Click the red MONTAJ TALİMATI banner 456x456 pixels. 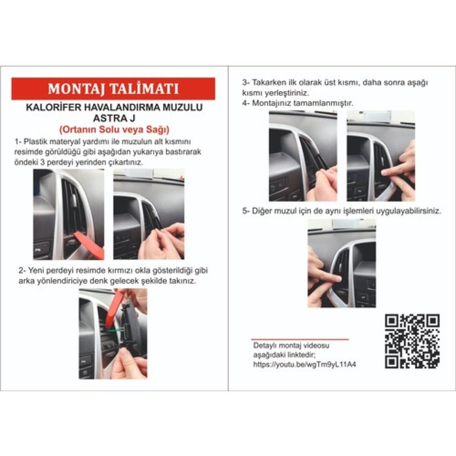[x=113, y=88]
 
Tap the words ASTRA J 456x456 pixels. [x=114, y=118]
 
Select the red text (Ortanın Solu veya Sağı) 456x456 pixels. [x=114, y=130]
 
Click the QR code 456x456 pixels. [x=412, y=341]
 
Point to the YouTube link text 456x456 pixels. [x=304, y=364]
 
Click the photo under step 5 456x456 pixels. [x=342, y=263]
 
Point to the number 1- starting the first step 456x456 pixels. [x=18, y=142]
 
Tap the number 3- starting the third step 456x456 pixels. [x=246, y=82]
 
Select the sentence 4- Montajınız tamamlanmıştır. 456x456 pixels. [x=298, y=103]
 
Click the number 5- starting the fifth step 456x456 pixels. [x=246, y=210]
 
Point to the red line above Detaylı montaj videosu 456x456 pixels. [x=300, y=339]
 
